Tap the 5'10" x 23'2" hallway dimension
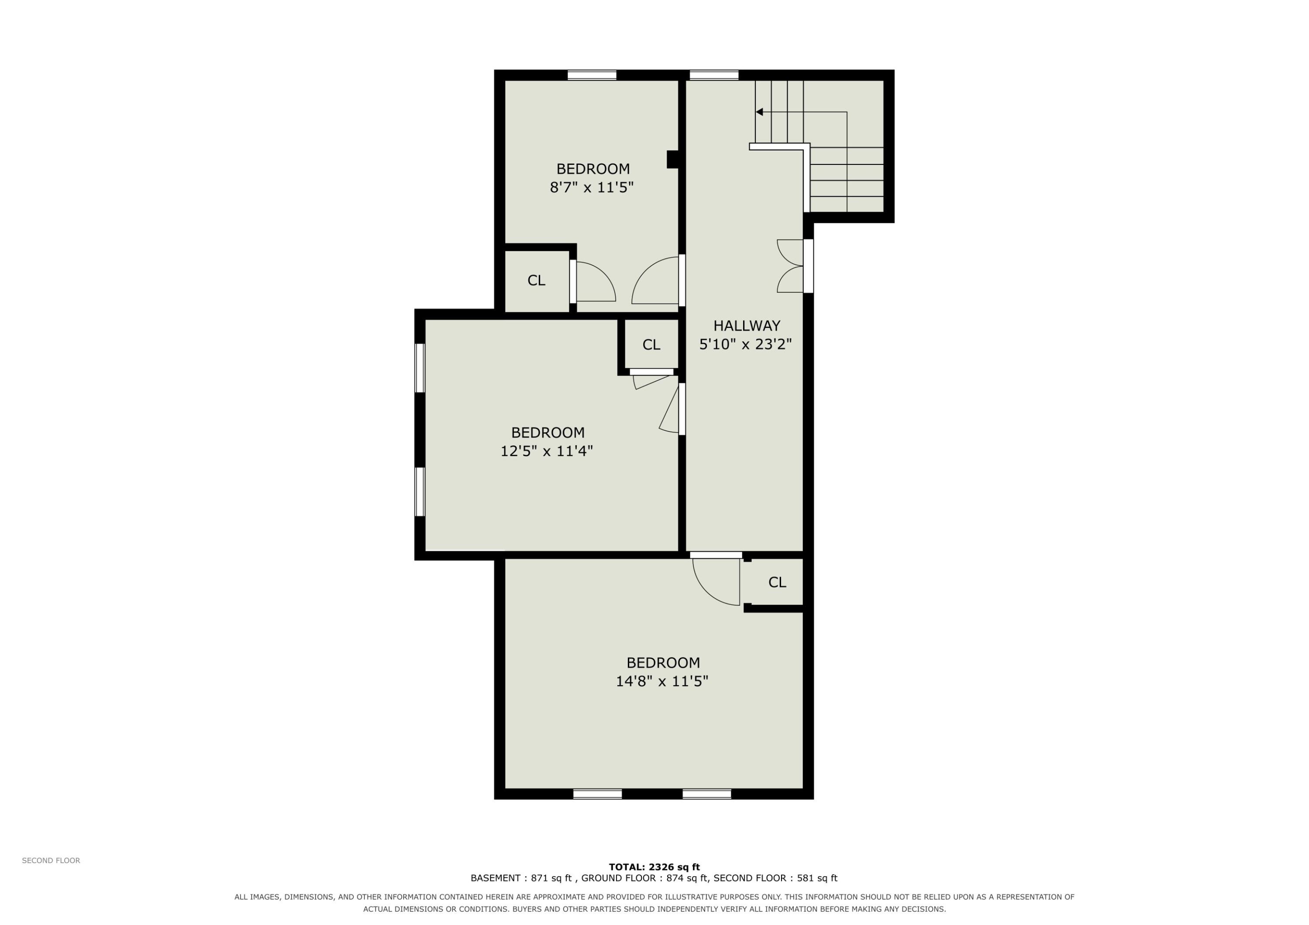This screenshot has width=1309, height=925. [x=746, y=344]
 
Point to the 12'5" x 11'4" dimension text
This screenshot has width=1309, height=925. [x=547, y=451]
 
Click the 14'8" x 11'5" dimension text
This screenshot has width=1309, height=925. [x=662, y=681]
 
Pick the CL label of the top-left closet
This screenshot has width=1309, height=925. [x=537, y=280]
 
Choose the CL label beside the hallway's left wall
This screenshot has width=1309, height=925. [x=651, y=345]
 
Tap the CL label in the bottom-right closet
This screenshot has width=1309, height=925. [x=777, y=583]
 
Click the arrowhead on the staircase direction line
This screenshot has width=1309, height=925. [x=759, y=112]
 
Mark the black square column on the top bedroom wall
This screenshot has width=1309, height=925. [x=673, y=160]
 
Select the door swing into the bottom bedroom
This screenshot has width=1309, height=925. [x=716, y=582]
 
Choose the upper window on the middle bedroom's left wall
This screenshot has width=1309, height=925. [x=420, y=368]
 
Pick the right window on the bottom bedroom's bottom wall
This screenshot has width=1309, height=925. [x=707, y=794]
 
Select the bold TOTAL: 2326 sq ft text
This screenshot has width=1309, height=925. [x=654, y=867]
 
